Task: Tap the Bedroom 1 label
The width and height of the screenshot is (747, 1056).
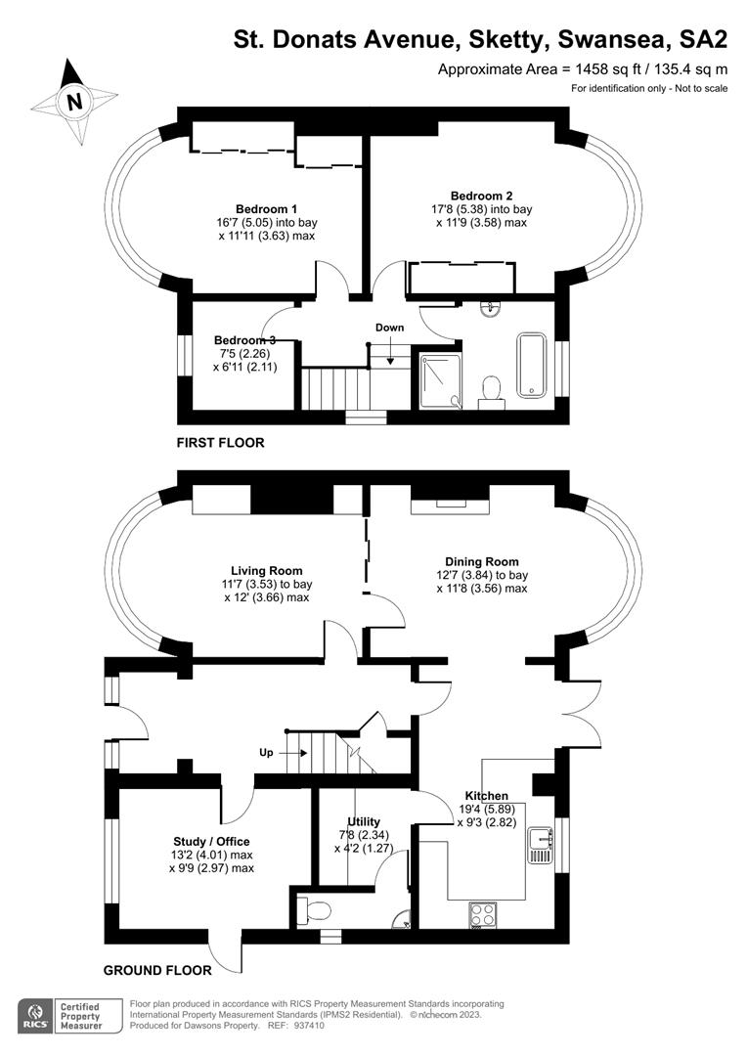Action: click(x=266, y=209)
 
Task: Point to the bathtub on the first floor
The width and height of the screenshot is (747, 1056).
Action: click(x=531, y=365)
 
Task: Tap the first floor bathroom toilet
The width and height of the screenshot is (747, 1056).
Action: click(x=491, y=389)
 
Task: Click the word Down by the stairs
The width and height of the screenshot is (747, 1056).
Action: click(x=389, y=329)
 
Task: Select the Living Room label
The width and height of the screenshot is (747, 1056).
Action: click(x=266, y=571)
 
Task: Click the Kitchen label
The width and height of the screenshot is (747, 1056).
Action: click(x=487, y=795)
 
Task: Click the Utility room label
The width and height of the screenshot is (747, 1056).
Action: click(x=364, y=822)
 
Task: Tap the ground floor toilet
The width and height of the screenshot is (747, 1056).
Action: click(x=315, y=910)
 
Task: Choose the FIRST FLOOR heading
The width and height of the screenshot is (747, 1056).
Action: click(x=220, y=443)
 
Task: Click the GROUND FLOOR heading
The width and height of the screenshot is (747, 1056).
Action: click(x=157, y=971)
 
